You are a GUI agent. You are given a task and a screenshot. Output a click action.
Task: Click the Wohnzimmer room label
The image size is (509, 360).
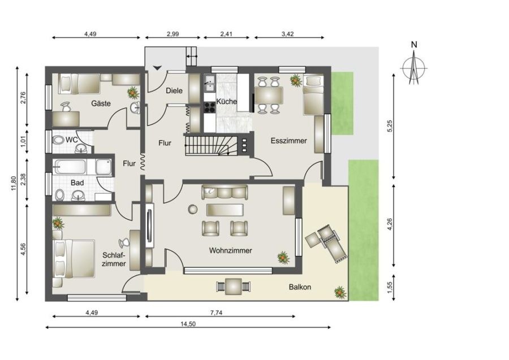(231, 251)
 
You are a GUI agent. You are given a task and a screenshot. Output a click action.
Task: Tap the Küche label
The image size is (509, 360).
(227, 102)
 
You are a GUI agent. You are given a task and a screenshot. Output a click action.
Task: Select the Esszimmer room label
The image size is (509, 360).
(288, 141)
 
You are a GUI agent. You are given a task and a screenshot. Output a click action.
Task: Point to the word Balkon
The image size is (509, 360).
(300, 287)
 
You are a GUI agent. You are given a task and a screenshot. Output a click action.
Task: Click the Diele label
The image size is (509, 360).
(174, 90)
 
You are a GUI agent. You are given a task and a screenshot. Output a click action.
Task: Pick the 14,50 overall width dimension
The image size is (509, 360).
(188, 324)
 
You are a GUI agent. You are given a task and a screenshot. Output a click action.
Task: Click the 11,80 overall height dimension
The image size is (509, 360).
(14, 184)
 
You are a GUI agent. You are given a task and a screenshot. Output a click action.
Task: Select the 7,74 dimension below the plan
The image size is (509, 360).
(217, 313)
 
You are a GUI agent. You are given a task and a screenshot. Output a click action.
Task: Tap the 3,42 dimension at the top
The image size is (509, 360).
(288, 34)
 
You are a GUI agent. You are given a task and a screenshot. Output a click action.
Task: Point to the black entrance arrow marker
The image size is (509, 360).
(157, 68)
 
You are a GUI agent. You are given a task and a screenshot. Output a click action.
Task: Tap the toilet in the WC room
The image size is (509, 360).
(58, 140)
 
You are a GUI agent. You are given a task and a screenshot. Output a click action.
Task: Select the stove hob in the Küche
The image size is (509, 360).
(210, 107)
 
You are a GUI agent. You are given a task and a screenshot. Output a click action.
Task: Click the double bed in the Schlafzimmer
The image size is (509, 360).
(74, 259)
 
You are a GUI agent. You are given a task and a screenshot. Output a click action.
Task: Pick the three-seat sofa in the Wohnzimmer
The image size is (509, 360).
(225, 192)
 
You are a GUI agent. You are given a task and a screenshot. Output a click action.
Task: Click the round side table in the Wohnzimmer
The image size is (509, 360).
(192, 210)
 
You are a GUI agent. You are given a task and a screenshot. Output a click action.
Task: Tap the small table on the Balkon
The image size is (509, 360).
(234, 287)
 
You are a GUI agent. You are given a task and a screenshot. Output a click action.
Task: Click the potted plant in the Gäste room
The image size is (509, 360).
(133, 93)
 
